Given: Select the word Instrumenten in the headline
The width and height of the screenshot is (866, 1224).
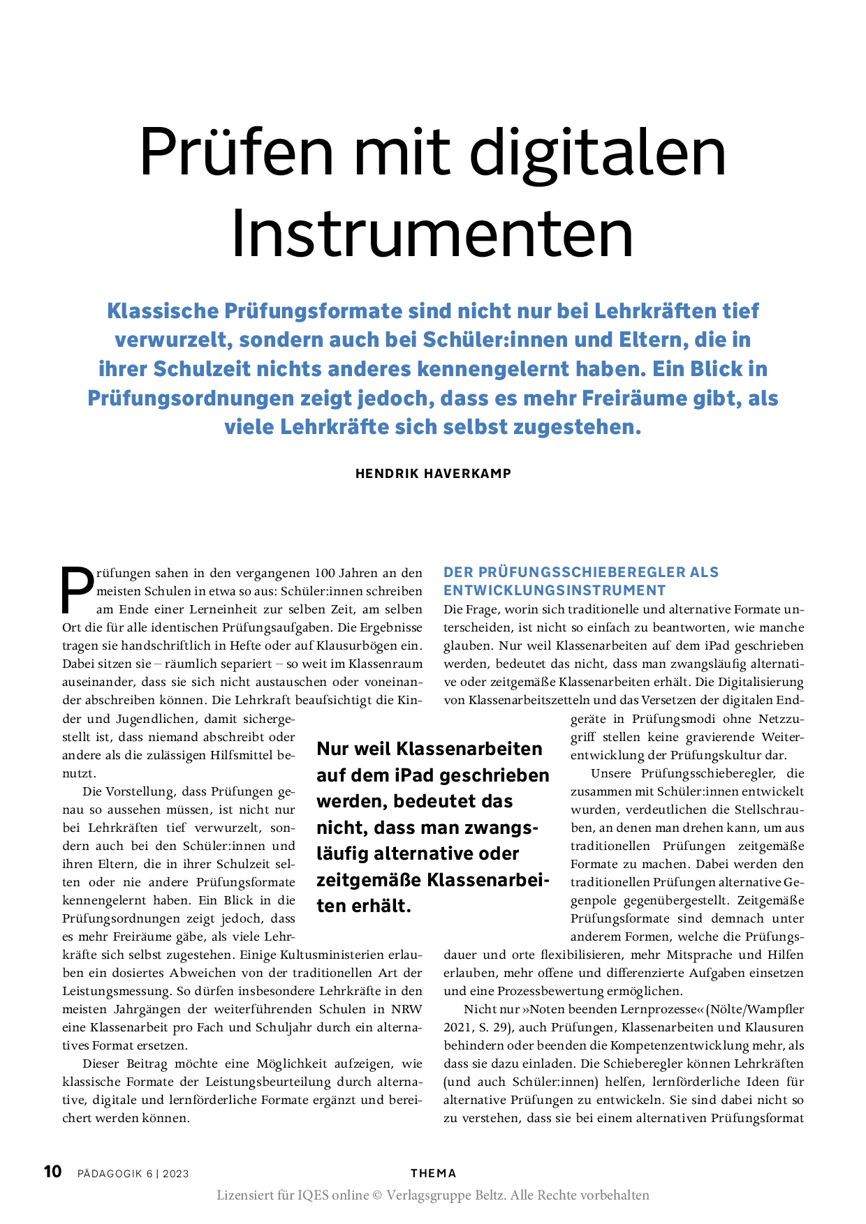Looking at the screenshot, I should [x=432, y=234].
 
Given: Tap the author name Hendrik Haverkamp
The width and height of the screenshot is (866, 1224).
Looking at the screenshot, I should [x=433, y=474].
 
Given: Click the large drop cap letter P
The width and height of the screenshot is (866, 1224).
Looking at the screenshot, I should [x=77, y=590].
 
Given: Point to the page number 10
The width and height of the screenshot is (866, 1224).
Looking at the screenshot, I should [x=53, y=1171].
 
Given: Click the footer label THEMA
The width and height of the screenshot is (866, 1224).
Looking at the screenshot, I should [x=433, y=1173].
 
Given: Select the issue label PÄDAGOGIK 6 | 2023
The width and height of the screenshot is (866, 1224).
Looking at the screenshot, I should [x=133, y=1174].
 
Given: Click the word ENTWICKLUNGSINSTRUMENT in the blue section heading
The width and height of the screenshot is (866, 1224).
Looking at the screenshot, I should [x=555, y=590].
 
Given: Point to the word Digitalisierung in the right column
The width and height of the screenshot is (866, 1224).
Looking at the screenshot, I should [x=761, y=682].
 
